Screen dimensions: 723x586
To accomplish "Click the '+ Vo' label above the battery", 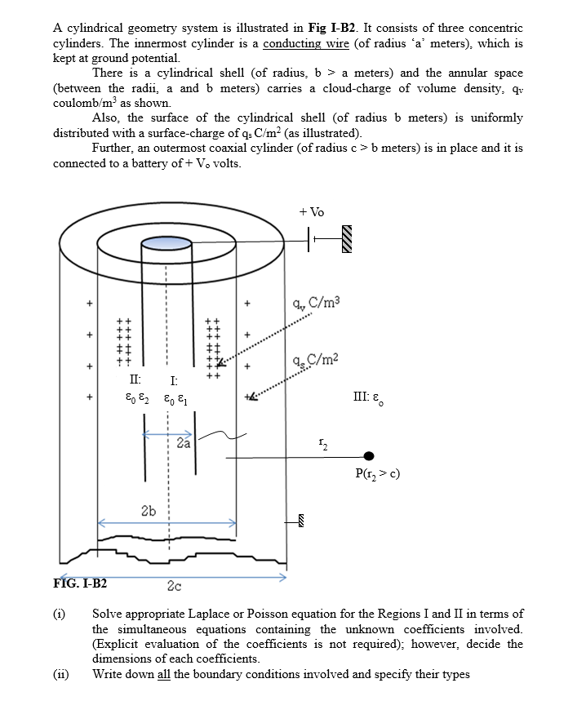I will click(312, 211).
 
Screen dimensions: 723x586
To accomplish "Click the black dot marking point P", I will click(369, 456).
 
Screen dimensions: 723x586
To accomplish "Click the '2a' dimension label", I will click(184, 444).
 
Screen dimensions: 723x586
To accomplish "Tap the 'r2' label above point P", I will click(322, 446).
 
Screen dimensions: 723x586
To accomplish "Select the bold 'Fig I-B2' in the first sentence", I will click(331, 28).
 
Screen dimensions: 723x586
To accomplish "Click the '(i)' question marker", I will click(60, 614).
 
